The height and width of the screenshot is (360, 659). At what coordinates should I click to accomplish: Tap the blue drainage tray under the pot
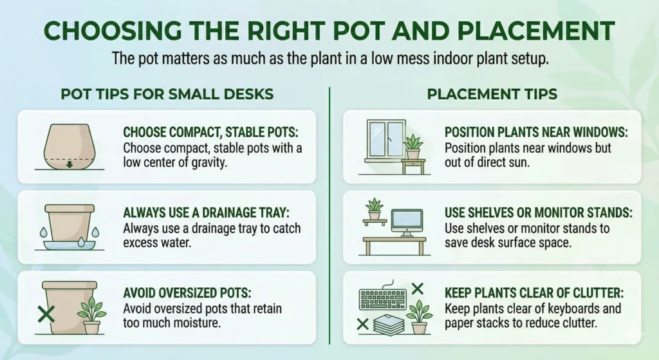coord(68,244)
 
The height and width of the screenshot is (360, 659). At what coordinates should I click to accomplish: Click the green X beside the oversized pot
coord(46,315)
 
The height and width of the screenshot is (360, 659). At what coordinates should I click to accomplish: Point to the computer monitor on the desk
coord(407,222)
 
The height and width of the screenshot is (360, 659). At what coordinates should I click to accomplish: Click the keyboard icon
coord(382,298)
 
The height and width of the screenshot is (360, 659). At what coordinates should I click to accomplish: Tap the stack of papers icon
coord(387,325)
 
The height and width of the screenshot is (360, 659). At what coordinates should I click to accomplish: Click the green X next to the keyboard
coord(417,288)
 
